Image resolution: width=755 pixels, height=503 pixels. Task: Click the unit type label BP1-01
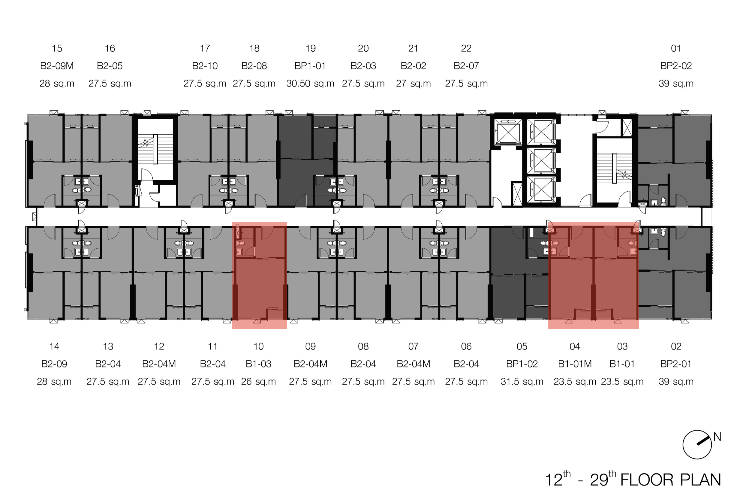click(x=310, y=66)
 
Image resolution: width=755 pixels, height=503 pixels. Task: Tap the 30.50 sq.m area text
click(x=310, y=84)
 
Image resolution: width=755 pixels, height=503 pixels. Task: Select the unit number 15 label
click(x=57, y=48)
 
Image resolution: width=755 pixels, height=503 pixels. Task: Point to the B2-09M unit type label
click(x=57, y=66)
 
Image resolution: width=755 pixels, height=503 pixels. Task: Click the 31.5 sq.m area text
click(x=522, y=381)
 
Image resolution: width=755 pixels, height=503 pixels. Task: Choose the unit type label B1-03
click(x=258, y=364)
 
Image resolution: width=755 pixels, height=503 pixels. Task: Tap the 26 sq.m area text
click(x=258, y=381)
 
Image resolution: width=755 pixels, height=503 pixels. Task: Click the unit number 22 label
click(x=466, y=48)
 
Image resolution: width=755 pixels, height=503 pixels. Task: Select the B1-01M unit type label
click(x=575, y=364)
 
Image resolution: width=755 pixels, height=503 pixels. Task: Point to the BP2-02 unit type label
click(x=676, y=66)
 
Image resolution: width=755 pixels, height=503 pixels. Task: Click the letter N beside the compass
click(x=717, y=437)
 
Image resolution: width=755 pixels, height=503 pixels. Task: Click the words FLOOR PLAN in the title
click(x=670, y=480)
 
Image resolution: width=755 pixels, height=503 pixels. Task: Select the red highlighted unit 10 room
click(x=260, y=275)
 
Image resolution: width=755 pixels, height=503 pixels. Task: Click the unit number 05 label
click(x=522, y=346)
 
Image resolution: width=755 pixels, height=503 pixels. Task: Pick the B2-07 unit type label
click(x=466, y=66)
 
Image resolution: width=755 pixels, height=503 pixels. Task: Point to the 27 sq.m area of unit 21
click(x=413, y=84)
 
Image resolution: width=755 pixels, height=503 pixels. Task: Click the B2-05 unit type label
click(x=110, y=66)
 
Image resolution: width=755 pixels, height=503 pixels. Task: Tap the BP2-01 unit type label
click(x=676, y=364)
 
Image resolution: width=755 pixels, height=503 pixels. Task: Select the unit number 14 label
click(x=54, y=346)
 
